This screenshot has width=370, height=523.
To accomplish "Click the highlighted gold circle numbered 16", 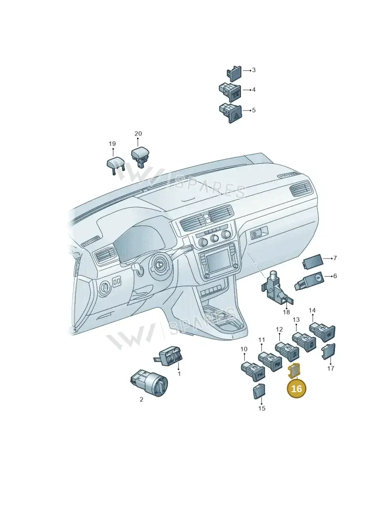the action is (x=296, y=388).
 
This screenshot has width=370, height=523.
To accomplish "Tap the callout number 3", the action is (x=253, y=70).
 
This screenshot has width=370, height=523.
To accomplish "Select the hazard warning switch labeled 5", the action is (x=230, y=113).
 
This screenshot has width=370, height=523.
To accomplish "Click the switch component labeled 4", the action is (x=230, y=92).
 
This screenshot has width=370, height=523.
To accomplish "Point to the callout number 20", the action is (x=138, y=134).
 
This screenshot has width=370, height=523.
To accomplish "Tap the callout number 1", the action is (x=179, y=374).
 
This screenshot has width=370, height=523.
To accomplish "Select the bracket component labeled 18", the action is (x=277, y=290).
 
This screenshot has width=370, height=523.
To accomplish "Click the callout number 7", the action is (x=335, y=258).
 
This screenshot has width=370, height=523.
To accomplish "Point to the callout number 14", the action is (x=312, y=311).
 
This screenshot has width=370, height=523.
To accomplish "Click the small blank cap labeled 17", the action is (x=328, y=352).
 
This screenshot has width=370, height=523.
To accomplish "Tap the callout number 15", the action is (x=262, y=408).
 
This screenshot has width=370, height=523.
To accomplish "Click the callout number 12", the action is (x=279, y=330).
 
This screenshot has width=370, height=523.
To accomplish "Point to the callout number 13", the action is (x=296, y=320).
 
